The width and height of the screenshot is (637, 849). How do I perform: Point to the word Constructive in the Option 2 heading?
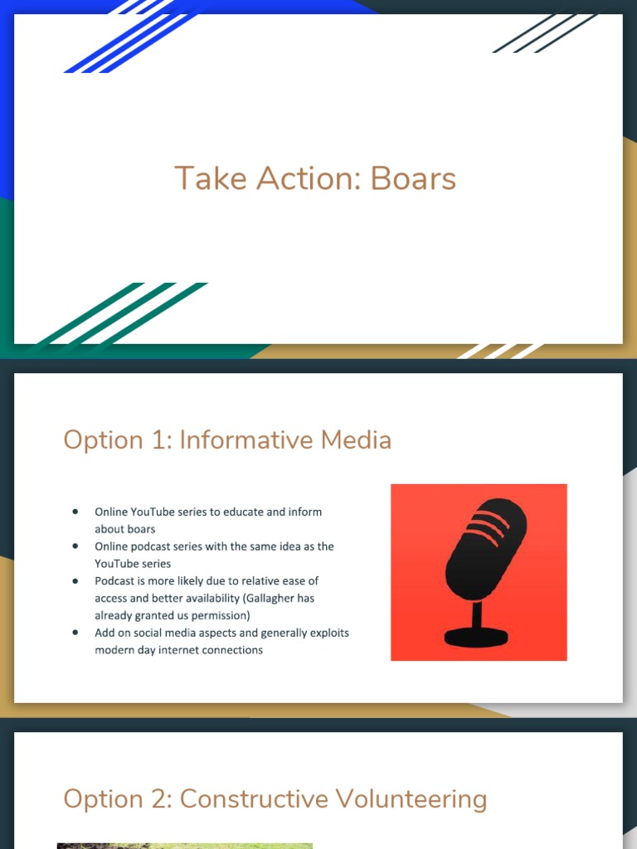click(x=254, y=799)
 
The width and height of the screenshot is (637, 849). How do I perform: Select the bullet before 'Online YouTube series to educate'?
click(x=75, y=512)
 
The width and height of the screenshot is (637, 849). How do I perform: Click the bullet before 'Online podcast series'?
click(x=75, y=546)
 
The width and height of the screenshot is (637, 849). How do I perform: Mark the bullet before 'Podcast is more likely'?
click(x=75, y=580)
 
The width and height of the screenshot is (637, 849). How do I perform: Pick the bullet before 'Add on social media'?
click(x=75, y=633)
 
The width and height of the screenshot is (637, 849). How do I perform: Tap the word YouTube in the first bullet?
click(x=156, y=512)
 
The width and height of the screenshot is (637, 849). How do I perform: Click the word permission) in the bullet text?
click(x=221, y=615)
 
